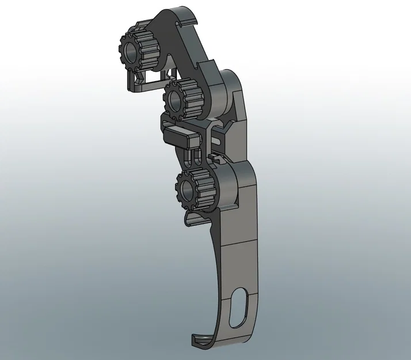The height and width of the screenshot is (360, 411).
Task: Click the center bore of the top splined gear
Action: [132, 54]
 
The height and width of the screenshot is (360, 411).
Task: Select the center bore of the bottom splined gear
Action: [188, 187]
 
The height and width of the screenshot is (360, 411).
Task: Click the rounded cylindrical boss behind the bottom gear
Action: [230, 184]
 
